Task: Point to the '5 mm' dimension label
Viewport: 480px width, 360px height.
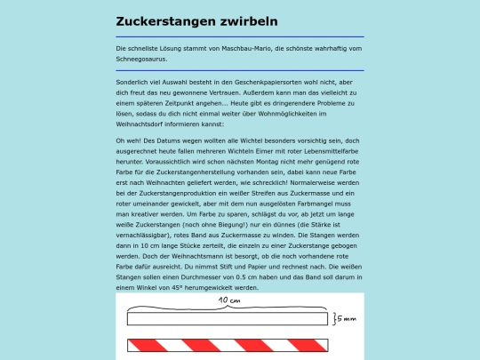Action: tap(348, 318)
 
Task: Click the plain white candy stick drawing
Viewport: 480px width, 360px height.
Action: tap(227, 318)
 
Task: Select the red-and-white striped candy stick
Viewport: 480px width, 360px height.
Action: tap(227, 345)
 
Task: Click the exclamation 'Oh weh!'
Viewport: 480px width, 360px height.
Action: tap(128, 141)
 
